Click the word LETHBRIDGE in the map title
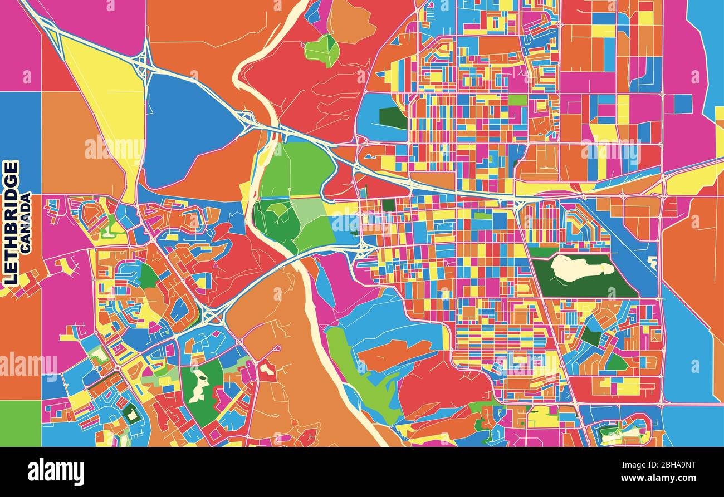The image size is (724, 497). click(11, 223)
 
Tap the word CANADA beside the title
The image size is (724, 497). click(26, 223)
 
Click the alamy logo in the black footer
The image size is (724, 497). click(56, 472)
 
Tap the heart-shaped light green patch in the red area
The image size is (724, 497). click(322, 50)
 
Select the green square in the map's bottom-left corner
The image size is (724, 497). click(20, 423)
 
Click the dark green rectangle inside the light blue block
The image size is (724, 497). click(393, 117)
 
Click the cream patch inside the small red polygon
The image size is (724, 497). click(266, 370)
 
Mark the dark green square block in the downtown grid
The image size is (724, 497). click(388, 205)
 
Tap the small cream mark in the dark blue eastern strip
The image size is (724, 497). click(652, 261)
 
